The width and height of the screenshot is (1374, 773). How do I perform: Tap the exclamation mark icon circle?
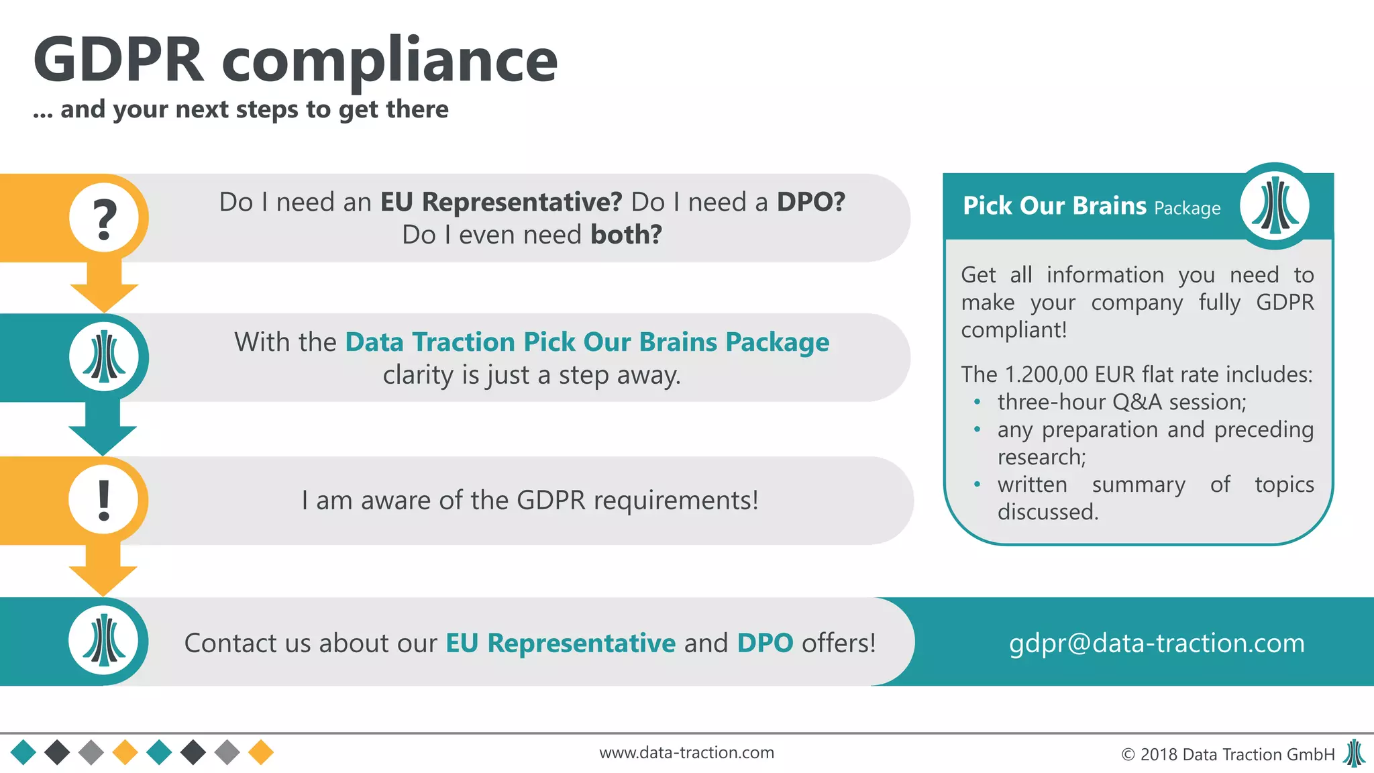point(104,500)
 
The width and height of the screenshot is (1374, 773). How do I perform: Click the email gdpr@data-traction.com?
point(1157,643)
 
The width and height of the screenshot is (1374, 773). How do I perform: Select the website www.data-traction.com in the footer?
point(686,753)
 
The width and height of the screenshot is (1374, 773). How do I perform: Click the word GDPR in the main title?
point(118,60)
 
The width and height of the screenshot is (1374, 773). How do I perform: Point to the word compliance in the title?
point(389,62)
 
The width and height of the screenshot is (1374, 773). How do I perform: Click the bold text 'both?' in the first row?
point(626,235)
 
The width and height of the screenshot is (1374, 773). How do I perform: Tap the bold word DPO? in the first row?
point(810,202)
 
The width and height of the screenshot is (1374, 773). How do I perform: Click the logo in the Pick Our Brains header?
point(1274,206)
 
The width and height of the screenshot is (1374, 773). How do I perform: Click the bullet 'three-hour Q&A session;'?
point(1121,402)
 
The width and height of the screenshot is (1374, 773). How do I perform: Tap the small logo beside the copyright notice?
point(1354,754)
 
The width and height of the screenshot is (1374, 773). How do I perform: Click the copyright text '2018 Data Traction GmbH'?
point(1236,754)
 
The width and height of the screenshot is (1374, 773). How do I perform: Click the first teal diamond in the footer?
point(23,753)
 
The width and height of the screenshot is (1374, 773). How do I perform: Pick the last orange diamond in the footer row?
point(261,753)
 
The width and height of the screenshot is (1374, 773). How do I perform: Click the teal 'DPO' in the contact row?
point(765,643)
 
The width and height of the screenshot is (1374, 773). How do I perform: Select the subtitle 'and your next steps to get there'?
point(254,109)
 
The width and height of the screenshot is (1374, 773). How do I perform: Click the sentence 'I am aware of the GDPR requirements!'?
point(530,501)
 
